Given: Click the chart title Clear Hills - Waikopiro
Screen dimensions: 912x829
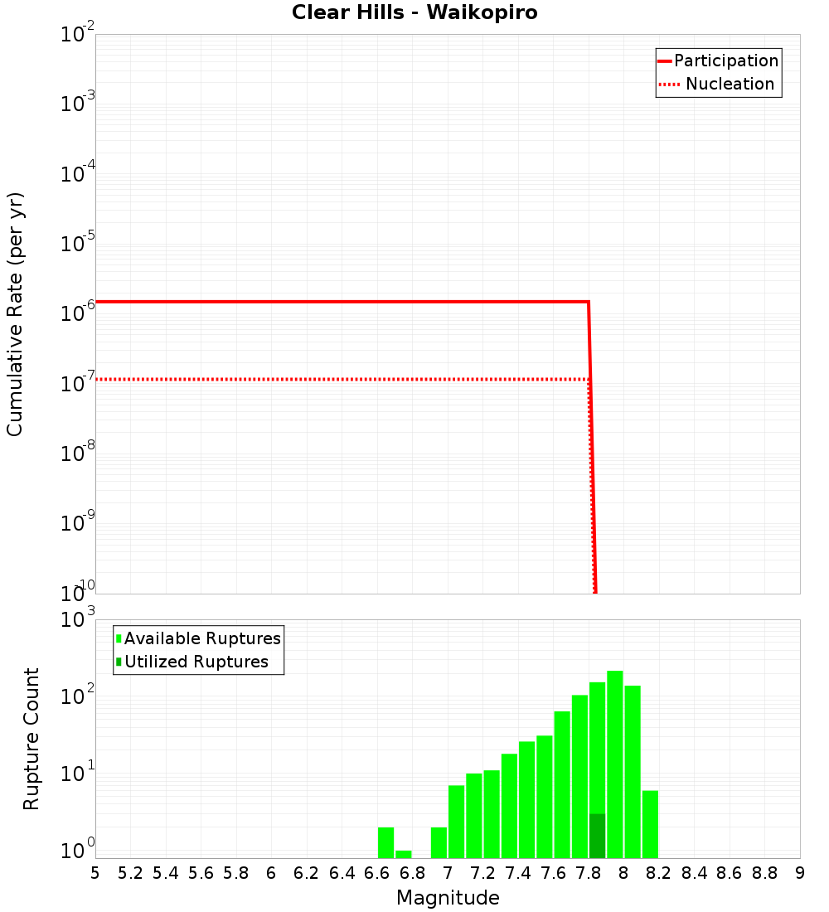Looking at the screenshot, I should [414, 13].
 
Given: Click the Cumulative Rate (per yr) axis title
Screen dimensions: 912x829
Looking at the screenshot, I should [15, 314].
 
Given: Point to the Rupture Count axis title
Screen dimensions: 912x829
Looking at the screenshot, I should [32, 739].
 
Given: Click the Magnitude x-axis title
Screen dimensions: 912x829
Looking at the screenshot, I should [448, 898].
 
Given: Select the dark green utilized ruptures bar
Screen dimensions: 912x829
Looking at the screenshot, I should [597, 836].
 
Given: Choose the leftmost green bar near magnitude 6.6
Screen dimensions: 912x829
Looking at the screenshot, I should [385, 842].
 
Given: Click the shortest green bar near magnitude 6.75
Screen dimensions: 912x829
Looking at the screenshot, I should [404, 854].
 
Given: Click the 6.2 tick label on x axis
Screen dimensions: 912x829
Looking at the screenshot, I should [307, 873].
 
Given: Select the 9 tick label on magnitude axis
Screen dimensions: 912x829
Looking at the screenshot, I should [799, 873].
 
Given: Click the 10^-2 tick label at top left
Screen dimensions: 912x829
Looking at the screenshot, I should [78, 35].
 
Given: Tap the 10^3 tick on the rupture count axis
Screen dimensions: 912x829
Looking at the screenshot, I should [78, 619].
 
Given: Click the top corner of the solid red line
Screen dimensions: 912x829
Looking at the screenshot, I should [589, 303].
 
